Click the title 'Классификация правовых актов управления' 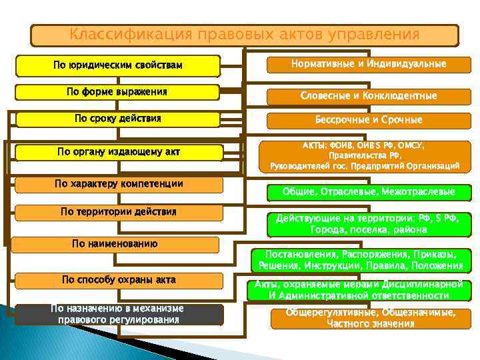point(245,35)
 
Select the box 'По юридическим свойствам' point(118,66)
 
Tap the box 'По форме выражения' point(118,92)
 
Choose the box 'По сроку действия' point(118,119)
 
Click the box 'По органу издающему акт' point(118,153)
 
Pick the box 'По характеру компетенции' point(118,184)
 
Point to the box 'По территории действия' point(118,213)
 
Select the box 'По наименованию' point(115,244)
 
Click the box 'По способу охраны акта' point(118,281)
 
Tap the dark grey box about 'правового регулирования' point(118,314)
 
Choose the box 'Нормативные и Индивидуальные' point(369,65)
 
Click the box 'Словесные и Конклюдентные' point(369,96)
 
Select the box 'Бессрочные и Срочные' point(369,121)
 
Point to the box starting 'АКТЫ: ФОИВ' point(365,155)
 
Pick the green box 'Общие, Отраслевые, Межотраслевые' point(369,192)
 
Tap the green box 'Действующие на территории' point(369,224)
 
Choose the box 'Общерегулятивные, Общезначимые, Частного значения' point(370,319)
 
